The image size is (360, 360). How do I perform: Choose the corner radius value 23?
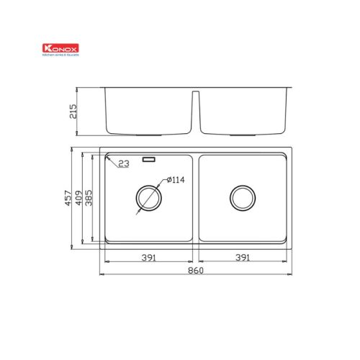(123, 165)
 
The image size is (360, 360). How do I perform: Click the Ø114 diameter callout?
(176, 180)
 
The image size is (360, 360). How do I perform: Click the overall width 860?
(195, 271)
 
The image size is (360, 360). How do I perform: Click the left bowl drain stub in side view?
(148, 134)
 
